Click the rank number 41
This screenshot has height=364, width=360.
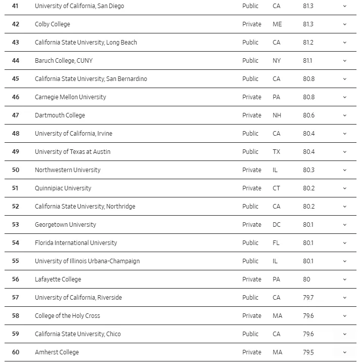coord(15,6)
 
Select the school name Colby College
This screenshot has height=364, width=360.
coord(53,24)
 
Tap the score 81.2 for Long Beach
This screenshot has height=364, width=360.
coord(308,43)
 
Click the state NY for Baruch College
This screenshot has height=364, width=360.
coord(276,61)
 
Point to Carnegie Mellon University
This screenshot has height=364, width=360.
coord(70,97)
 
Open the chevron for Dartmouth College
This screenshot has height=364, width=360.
coord(345,115)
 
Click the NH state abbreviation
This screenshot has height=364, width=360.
coord(277,115)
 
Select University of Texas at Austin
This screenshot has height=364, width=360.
coord(72,152)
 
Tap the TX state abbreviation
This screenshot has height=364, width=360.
coord(276,152)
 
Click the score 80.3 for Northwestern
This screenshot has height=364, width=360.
coord(308,170)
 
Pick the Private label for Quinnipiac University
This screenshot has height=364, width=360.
coord(252,188)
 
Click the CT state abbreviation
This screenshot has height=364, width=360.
coord(276,188)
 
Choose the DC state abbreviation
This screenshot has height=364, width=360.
coord(276,225)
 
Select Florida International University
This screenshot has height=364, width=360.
coord(76,243)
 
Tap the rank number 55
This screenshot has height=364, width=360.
coord(15,261)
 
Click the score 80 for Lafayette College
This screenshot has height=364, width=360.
coord(306,279)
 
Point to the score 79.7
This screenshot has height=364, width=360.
coord(308,298)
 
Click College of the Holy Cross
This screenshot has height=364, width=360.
coord(67,316)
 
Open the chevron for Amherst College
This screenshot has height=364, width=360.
coord(345,352)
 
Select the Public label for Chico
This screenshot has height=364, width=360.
coord(250,334)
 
